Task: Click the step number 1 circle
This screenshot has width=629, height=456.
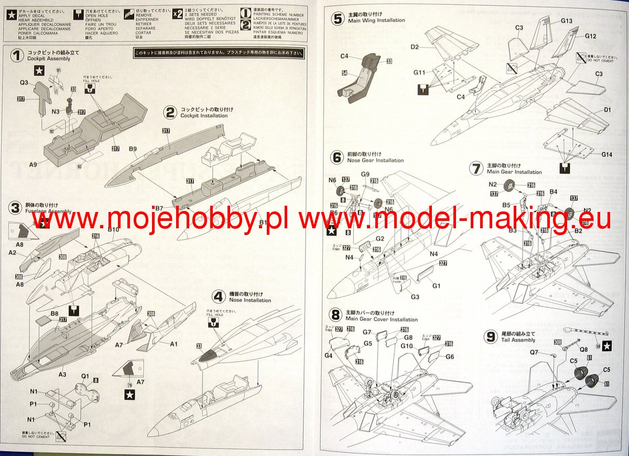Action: click(18, 55)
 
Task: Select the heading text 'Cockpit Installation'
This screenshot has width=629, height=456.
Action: click(204, 115)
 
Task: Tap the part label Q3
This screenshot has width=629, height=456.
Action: click(24, 82)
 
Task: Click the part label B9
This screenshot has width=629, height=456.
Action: click(133, 149)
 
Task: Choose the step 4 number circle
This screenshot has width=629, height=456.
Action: click(219, 296)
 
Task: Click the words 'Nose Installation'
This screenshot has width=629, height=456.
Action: click(250, 301)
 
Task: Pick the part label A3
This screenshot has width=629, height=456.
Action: click(62, 374)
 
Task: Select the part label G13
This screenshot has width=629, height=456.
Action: click(566, 21)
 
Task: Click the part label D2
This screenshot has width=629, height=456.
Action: click(415, 47)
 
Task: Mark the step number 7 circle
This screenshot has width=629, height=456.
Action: click(476, 168)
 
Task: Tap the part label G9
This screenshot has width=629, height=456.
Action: click(365, 174)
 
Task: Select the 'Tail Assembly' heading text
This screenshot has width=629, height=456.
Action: click(516, 340)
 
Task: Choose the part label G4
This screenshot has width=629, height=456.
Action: click(328, 356)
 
